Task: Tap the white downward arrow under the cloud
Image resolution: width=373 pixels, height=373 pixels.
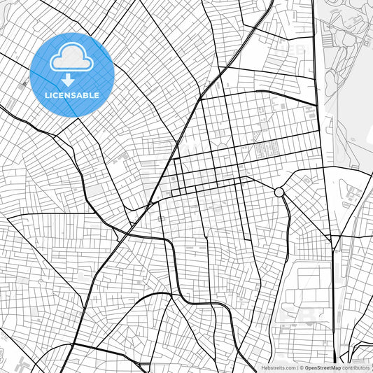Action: coord(68,80)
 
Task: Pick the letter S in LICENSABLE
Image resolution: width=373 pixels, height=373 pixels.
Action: coord(76,95)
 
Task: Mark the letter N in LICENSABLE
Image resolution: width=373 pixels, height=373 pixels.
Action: coord(70,95)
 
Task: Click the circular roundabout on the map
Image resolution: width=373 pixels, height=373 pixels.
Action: coord(279,192)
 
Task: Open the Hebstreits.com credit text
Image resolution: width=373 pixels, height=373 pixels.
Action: coord(279,367)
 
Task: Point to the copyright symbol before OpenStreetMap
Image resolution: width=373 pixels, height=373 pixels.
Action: coord(301,367)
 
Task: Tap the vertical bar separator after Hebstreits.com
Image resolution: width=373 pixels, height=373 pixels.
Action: coord(297,367)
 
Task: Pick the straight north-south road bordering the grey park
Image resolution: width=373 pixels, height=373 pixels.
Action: coord(319,84)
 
